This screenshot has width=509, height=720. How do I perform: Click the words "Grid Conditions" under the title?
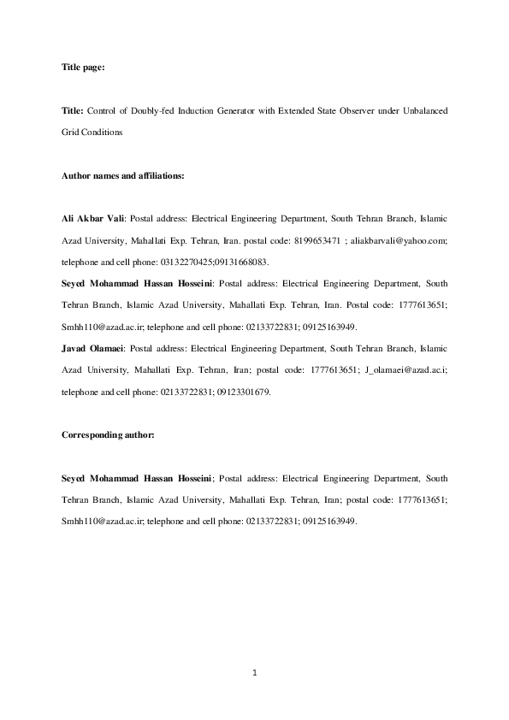[x=92, y=133]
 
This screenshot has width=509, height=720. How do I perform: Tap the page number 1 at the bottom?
[x=254, y=673]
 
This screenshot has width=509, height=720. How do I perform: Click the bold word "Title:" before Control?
[x=73, y=111]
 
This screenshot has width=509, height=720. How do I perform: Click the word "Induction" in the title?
[x=196, y=111]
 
